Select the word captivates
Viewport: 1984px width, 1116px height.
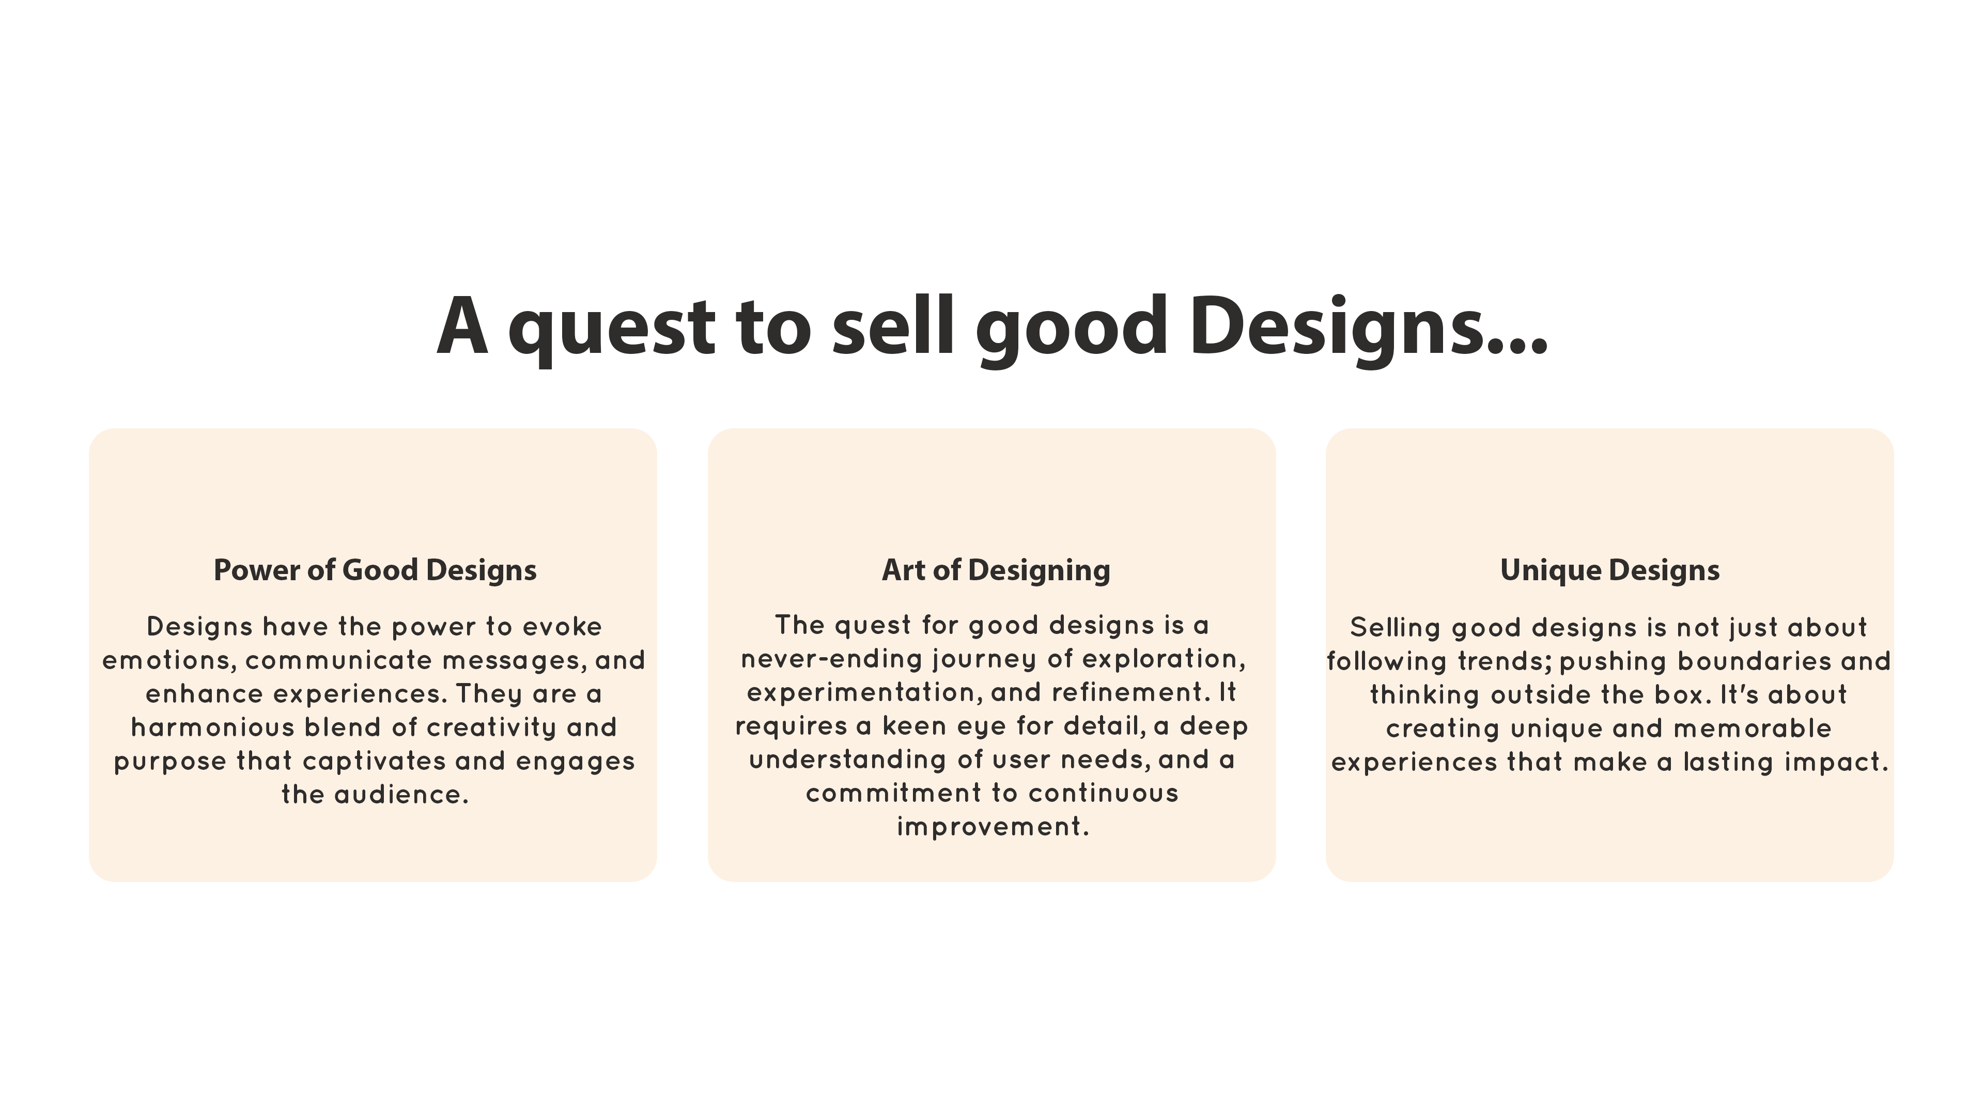[x=374, y=762]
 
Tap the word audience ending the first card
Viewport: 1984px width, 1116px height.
[x=401, y=794]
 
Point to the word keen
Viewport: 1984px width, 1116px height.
[x=914, y=725]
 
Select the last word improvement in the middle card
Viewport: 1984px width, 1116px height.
[x=992, y=827]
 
